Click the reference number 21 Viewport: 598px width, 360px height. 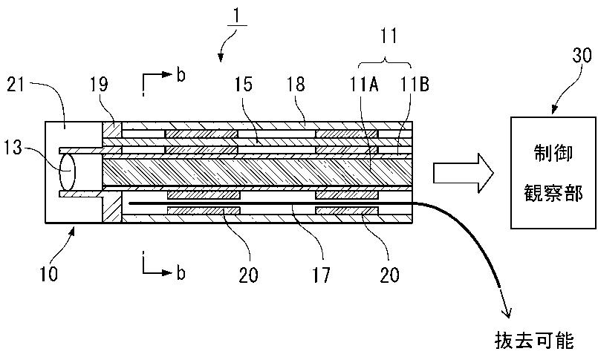pyautogui.click(x=16, y=84)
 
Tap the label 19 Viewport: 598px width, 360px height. pyautogui.click(x=99, y=84)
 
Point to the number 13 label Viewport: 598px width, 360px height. pyautogui.click(x=13, y=147)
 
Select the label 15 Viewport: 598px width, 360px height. pyautogui.click(x=244, y=84)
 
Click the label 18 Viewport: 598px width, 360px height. pyautogui.click(x=296, y=84)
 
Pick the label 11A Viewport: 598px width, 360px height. pyautogui.click(x=365, y=84)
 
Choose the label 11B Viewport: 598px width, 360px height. pyautogui.click(x=415, y=84)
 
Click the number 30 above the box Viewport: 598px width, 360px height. pyautogui.click(x=582, y=55)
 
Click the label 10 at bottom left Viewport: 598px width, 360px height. pyautogui.click(x=49, y=274)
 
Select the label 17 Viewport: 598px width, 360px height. pyautogui.click(x=321, y=275)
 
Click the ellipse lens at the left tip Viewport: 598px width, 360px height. pyautogui.click(x=67, y=171)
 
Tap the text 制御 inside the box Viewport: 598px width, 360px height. pyautogui.click(x=553, y=154)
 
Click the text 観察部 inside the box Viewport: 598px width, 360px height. pyautogui.click(x=553, y=192)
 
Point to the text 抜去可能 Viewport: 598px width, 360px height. pyautogui.click(x=534, y=340)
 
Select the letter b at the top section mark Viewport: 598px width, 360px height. pyautogui.click(x=181, y=75)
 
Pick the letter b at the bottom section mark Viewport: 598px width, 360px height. pyautogui.click(x=181, y=272)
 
